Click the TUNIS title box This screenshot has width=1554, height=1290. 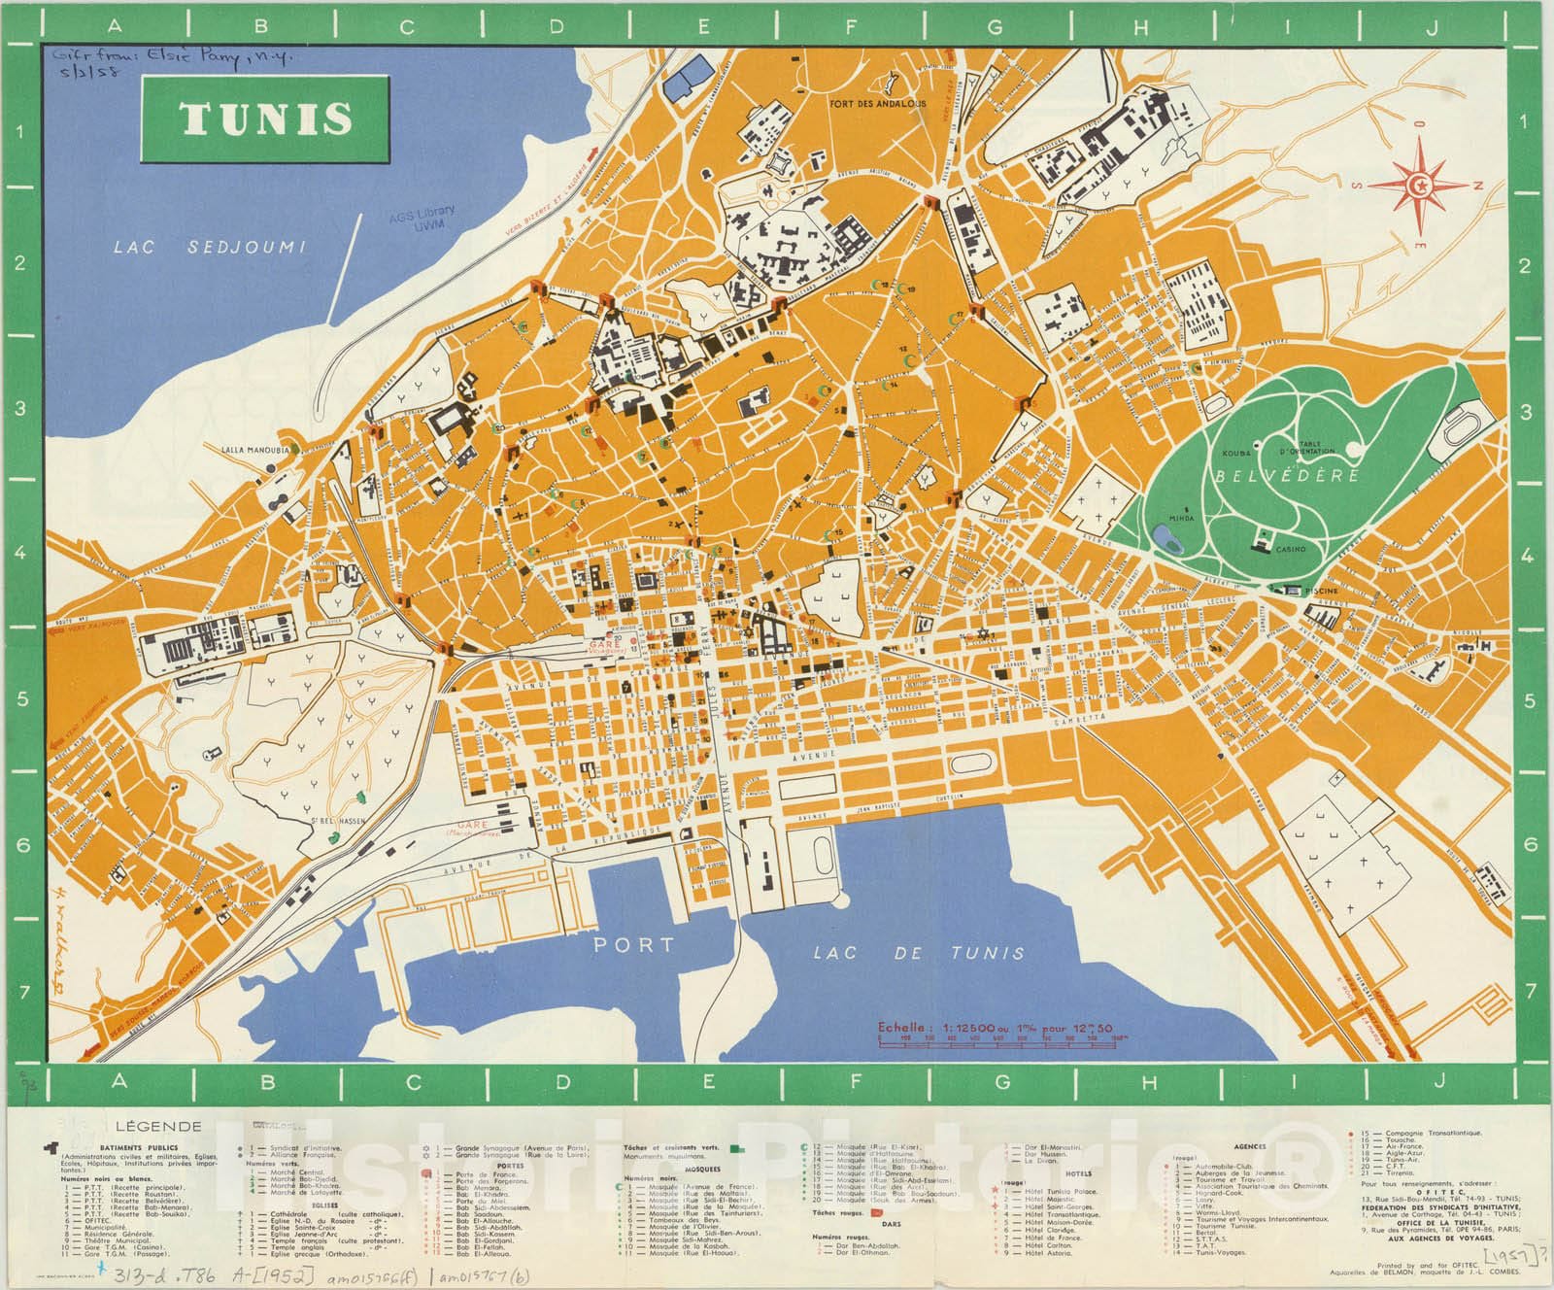266,118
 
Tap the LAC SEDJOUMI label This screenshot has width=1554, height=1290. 209,247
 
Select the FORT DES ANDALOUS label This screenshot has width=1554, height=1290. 877,103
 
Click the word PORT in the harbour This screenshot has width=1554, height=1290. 633,943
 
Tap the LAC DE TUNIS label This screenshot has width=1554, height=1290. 918,953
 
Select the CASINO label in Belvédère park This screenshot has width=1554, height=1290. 1290,549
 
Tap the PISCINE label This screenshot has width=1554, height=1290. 1322,591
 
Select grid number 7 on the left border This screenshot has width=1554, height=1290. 20,992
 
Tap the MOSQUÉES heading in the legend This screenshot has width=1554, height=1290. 702,1170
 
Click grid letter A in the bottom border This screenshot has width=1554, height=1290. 118,1081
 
